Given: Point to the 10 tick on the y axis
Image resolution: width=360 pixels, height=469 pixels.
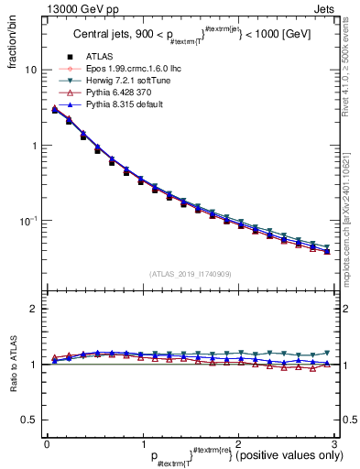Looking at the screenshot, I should click(30, 71).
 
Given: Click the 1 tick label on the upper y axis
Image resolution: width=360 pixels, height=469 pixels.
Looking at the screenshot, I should click(33, 146).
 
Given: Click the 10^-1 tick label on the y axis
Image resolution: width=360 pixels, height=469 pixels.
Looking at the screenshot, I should click(27, 221).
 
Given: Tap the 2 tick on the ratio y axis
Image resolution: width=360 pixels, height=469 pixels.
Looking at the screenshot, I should click(33, 309).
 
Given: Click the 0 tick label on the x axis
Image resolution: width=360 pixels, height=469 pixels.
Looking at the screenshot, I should click(47, 442).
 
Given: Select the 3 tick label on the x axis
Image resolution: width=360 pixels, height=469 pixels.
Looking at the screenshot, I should click(335, 442).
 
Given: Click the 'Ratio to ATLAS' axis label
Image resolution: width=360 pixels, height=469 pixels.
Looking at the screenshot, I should click(12, 365).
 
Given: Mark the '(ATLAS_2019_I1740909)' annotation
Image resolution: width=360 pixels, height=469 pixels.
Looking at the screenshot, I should click(190, 273).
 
